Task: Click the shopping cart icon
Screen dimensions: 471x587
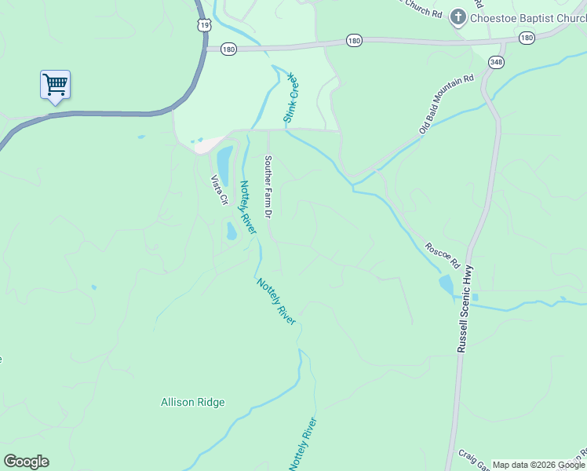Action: click(55, 84)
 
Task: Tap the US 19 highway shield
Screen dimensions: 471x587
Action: click(204, 25)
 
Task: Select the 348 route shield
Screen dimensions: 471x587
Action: click(495, 62)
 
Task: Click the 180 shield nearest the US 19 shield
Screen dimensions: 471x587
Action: click(228, 49)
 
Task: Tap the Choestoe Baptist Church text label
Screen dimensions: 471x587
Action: click(523, 18)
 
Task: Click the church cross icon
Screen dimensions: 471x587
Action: click(458, 18)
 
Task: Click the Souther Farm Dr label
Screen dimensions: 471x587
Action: click(268, 186)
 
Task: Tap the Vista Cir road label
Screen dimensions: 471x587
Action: click(218, 190)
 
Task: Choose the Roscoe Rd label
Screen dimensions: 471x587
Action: click(440, 252)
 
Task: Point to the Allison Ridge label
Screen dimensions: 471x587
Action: click(192, 403)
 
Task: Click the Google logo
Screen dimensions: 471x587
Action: click(26, 462)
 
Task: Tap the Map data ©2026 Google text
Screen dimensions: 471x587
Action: click(538, 465)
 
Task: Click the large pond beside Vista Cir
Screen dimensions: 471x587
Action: click(224, 163)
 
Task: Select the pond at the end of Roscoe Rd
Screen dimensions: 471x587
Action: click(446, 285)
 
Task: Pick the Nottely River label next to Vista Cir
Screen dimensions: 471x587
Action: click(248, 207)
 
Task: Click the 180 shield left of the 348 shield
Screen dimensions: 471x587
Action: click(353, 40)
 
